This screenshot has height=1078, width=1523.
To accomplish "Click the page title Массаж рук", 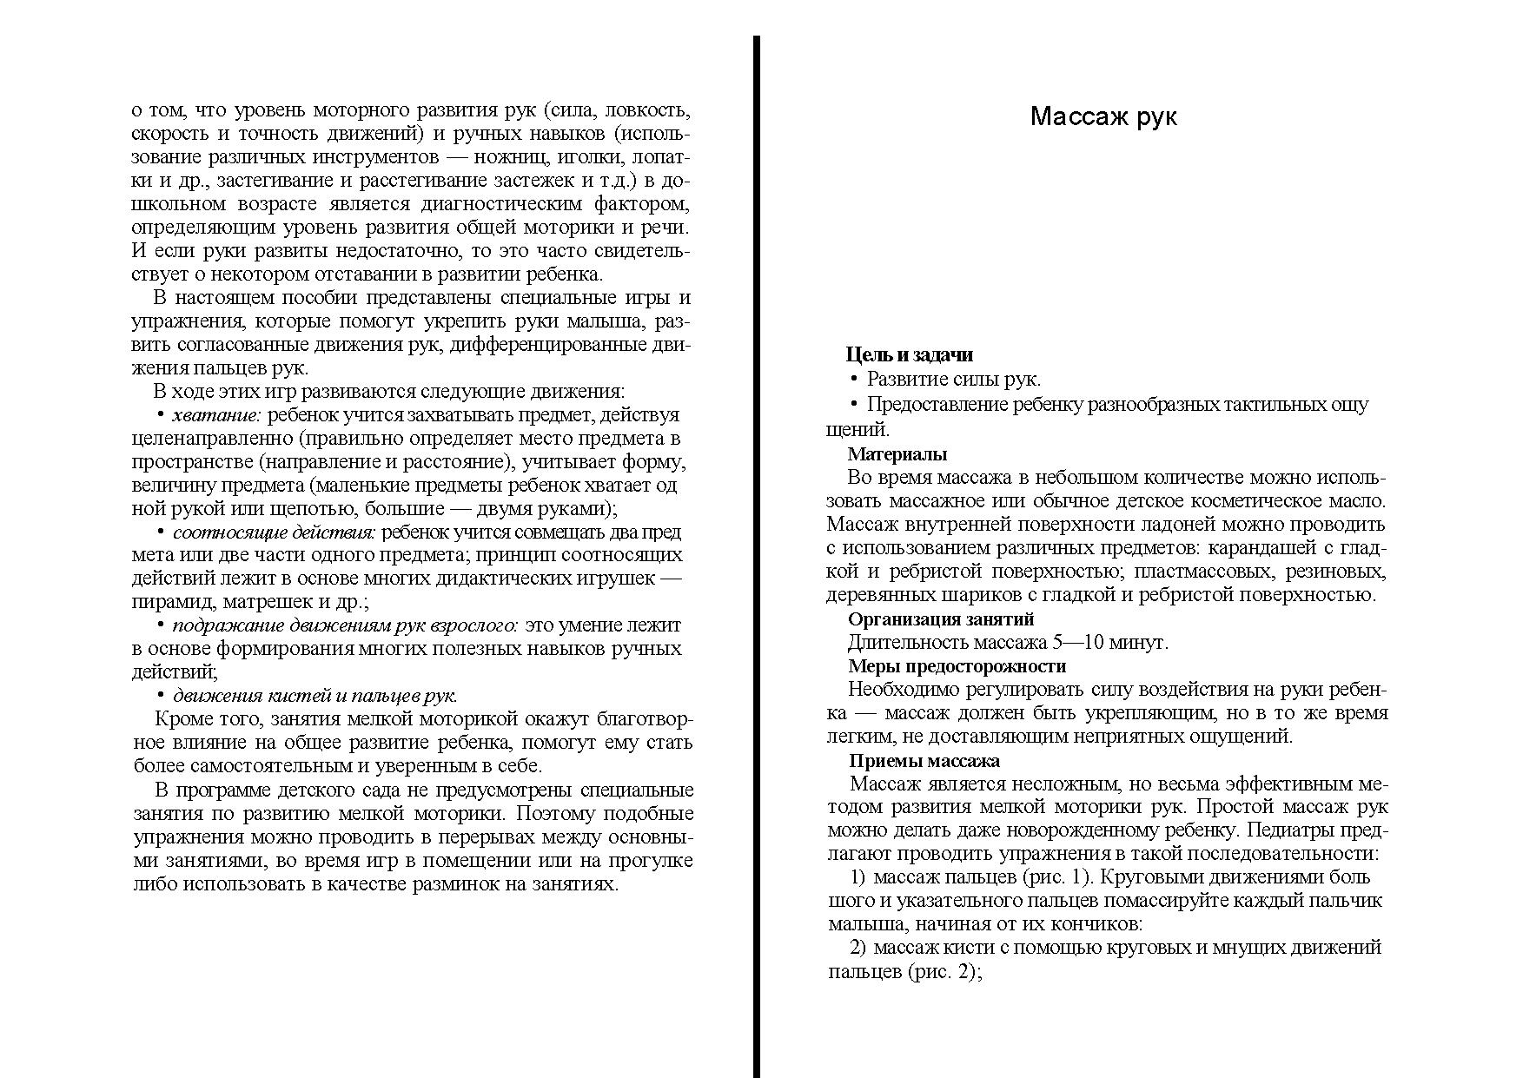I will [x=1103, y=116].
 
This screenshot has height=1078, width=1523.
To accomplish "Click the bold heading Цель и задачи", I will [x=909, y=354].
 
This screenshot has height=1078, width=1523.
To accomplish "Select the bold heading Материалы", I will [x=897, y=453].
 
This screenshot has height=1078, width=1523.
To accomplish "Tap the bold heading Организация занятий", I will [x=940, y=618].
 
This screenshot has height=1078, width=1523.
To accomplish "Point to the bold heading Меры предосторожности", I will [x=956, y=666].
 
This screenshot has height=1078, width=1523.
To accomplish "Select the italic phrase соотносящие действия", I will [x=274, y=532].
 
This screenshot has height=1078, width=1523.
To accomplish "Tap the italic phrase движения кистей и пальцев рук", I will [x=315, y=696].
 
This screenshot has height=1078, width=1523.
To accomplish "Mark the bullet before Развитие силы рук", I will [x=854, y=380].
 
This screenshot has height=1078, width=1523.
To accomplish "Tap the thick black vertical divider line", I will [x=757, y=556].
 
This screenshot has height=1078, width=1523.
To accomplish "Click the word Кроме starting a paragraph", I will [x=180, y=719].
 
